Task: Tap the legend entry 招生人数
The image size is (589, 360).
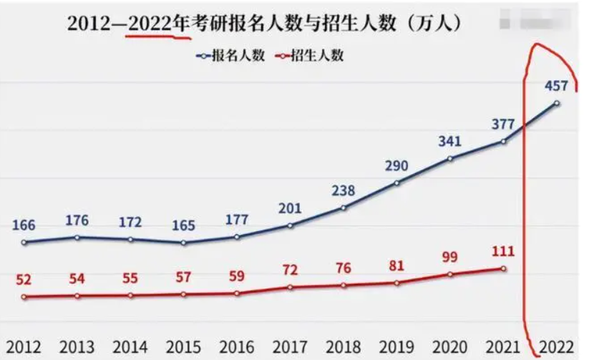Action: (x=313, y=55)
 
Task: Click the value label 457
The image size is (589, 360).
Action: (x=555, y=86)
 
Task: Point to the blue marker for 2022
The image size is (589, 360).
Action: (x=557, y=104)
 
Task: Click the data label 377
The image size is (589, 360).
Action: (x=502, y=124)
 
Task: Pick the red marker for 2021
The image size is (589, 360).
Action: (x=504, y=268)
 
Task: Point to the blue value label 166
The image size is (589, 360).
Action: (x=24, y=225)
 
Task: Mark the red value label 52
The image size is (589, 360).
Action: (x=24, y=279)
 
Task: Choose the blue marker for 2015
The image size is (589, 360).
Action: (x=184, y=243)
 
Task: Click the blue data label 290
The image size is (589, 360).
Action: (x=396, y=166)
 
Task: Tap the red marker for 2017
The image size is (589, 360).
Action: (x=291, y=287)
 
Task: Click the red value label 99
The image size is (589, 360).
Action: (x=449, y=257)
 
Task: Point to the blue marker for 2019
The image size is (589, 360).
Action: (x=397, y=183)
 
